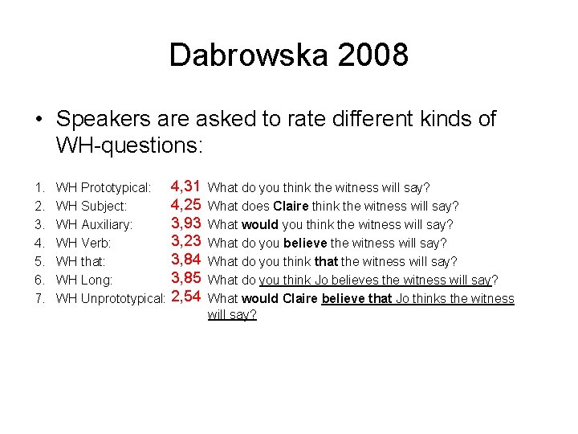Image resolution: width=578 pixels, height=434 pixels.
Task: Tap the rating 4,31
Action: point(185,186)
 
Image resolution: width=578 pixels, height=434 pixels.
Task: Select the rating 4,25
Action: point(185,205)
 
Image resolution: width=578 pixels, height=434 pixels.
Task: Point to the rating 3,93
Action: point(185,223)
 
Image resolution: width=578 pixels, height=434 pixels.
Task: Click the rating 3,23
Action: point(185,242)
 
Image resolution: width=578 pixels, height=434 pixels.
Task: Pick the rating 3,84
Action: point(185,260)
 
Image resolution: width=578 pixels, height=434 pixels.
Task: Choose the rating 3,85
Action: point(185,279)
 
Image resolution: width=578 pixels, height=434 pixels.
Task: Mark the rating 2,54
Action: point(185,297)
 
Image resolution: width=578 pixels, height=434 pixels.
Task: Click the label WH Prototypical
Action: point(104,188)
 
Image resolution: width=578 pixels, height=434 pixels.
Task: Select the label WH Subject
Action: point(92,207)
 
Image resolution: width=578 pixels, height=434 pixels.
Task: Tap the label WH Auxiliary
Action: point(94,225)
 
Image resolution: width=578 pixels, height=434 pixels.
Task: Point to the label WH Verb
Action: point(83,243)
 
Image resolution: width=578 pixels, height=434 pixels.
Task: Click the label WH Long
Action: point(84,280)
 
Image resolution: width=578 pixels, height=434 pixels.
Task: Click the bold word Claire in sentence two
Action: point(291,206)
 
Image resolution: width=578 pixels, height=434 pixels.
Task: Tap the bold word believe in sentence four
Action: point(305,243)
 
